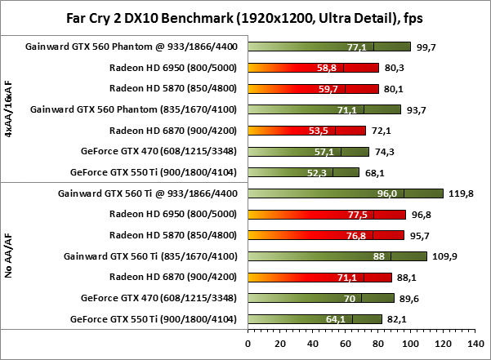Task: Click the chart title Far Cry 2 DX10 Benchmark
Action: (244, 17)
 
